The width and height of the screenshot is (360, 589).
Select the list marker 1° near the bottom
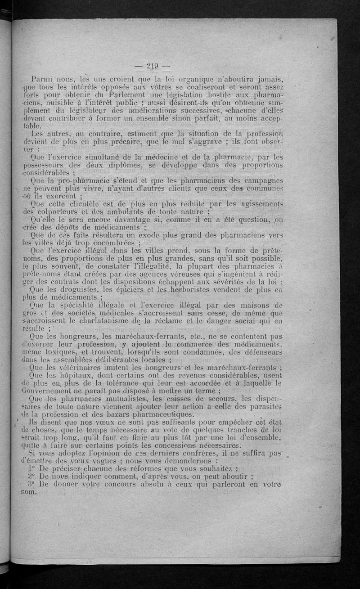coord(31,468)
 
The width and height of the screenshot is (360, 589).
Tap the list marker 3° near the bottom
coord(31,484)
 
